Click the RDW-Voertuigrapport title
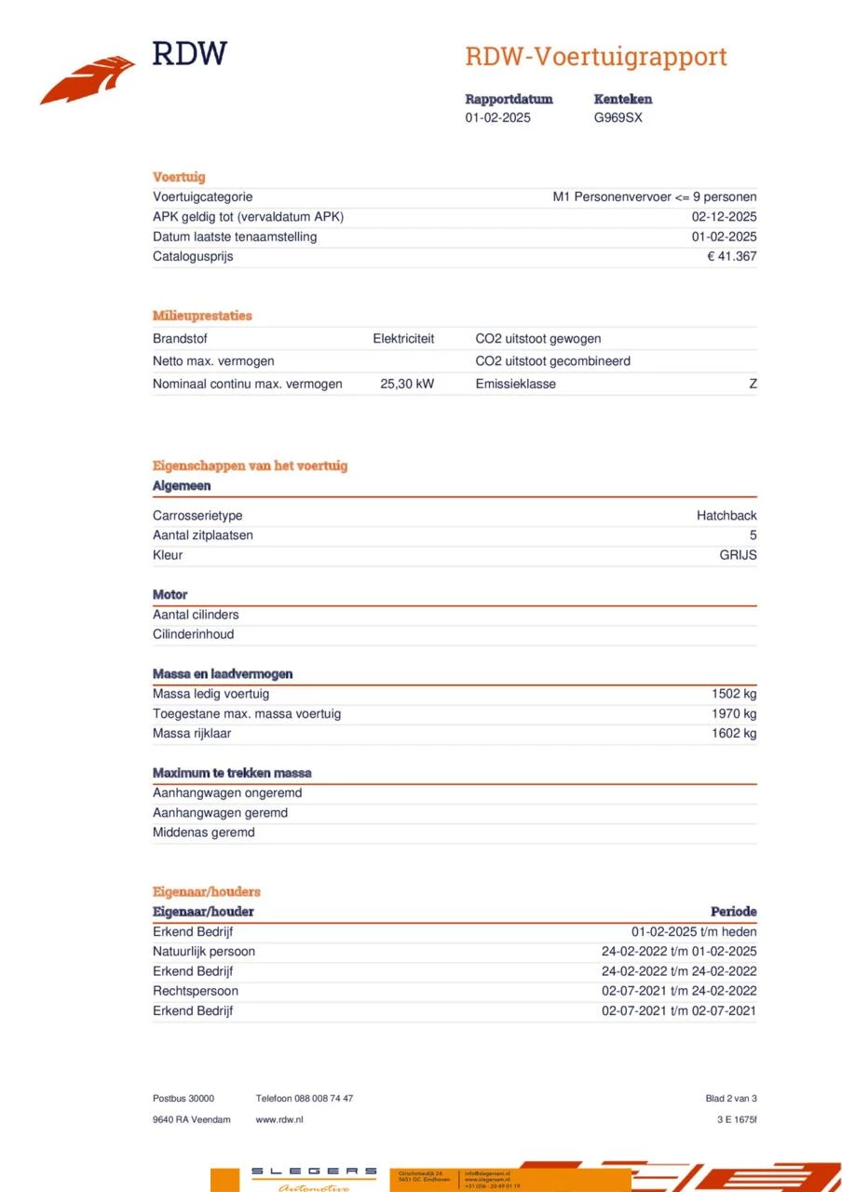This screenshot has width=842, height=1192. (595, 57)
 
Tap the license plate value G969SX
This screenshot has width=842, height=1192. (618, 118)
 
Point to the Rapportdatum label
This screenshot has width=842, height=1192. (509, 99)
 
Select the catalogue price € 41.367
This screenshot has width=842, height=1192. (731, 256)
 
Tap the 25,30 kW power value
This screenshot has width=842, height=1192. (407, 384)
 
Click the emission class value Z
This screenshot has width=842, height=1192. (753, 384)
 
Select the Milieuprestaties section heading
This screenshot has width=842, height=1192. (202, 316)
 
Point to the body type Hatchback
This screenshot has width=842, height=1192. (727, 516)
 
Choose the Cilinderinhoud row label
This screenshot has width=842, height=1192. (194, 634)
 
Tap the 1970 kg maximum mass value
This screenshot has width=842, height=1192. (734, 713)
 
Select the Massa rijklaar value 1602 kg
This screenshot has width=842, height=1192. (734, 733)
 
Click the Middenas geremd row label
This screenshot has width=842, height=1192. (203, 833)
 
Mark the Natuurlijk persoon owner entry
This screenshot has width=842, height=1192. (204, 952)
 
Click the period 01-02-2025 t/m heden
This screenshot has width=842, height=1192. (694, 931)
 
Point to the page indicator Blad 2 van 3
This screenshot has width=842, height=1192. (731, 1099)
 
